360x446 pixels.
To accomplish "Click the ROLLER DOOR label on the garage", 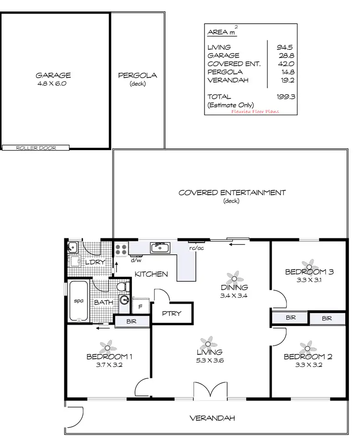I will coord(36,148).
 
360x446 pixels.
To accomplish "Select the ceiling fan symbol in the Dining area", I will coord(234,277).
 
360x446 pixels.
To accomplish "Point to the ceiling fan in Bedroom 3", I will coord(309,265).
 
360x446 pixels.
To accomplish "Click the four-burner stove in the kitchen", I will coord(121,250).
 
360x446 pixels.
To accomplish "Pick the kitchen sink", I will coord(159,248).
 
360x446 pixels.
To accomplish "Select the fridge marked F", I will coord(141,306).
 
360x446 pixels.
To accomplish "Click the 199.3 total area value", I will coord(286,96).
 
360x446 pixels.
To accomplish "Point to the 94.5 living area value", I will coord(286,47).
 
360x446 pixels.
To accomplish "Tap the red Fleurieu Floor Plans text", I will coord(255,111).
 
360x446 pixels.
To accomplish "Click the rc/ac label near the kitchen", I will coord(196,249).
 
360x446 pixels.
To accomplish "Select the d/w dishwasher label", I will coord(136,260).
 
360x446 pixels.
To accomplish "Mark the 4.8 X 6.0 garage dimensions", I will coord(53,83).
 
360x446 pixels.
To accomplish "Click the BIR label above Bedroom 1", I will coord(132,321).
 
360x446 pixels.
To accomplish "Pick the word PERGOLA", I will coord(137,75).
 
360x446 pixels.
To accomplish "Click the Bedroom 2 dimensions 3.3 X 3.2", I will coord(307,364).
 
